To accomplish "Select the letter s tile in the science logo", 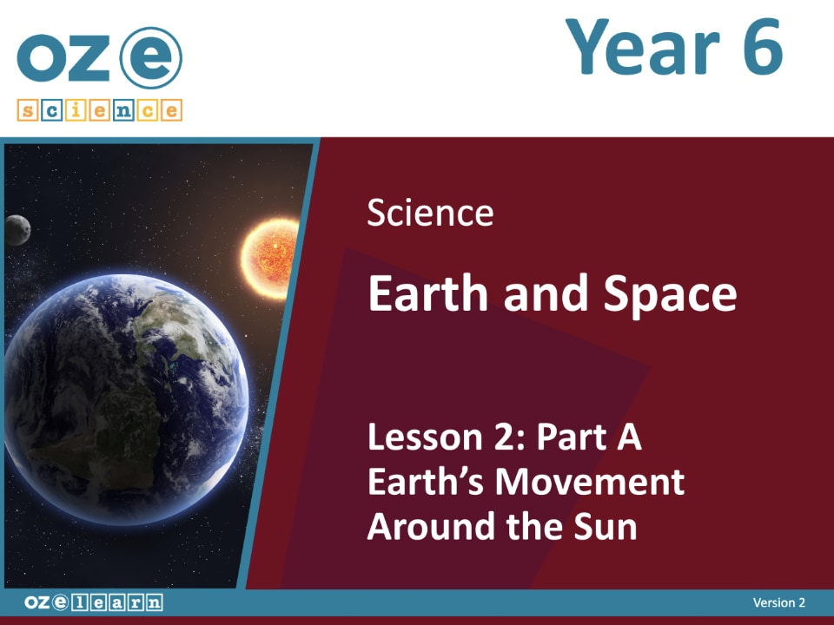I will (27, 110).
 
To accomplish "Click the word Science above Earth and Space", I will (430, 213).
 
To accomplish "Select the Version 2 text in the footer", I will (778, 602).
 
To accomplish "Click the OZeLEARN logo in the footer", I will (92, 602).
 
